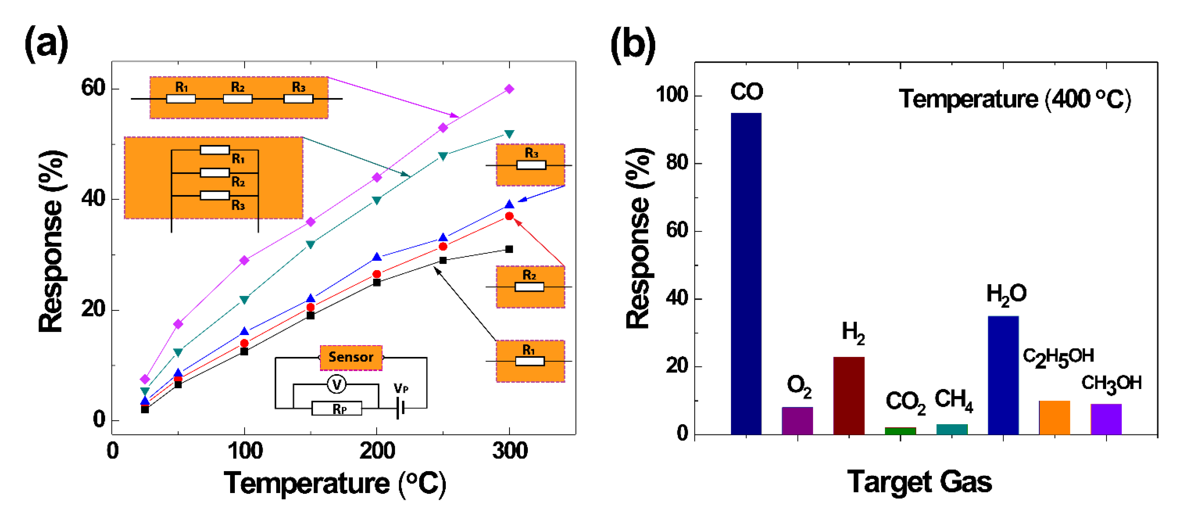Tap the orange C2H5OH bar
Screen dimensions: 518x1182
[x=1054, y=417]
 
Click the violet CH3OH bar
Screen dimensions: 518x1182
[x=1106, y=419]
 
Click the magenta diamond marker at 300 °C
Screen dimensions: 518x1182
[x=509, y=89]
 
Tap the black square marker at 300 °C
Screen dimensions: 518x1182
[x=509, y=249]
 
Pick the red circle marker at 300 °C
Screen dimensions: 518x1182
[x=509, y=216]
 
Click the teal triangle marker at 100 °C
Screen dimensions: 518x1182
[x=244, y=300]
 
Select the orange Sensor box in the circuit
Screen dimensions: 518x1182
[x=351, y=357]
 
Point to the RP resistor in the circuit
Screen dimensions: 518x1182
[x=337, y=408]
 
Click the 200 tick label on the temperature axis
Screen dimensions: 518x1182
[x=377, y=451]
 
